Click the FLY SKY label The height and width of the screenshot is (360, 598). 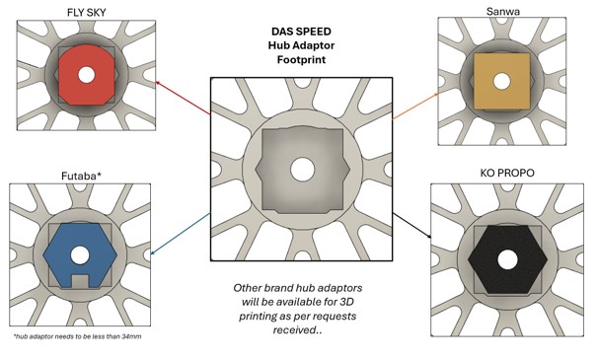pyautogui.click(x=87, y=12)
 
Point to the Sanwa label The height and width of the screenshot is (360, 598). pyautogui.click(x=502, y=12)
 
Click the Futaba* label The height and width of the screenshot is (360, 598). pyautogui.click(x=81, y=177)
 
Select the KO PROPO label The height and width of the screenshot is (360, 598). pyautogui.click(x=507, y=173)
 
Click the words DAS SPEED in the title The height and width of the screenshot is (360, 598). pyautogui.click(x=301, y=32)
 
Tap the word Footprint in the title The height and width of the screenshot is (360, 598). pyautogui.click(x=301, y=60)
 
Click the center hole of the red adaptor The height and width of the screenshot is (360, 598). pyautogui.click(x=87, y=75)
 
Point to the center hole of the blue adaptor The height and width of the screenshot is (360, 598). pyautogui.click(x=79, y=255)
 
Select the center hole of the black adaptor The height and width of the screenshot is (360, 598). pyautogui.click(x=507, y=260)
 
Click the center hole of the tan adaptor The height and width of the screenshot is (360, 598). pyautogui.click(x=501, y=81)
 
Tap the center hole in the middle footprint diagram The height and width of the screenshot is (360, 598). pyautogui.click(x=302, y=170)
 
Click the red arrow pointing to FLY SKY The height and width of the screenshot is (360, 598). pyautogui.click(x=183, y=98)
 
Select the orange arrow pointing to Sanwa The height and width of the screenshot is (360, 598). pyautogui.click(x=415, y=106)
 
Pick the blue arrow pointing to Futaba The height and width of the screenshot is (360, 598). pyautogui.click(x=181, y=234)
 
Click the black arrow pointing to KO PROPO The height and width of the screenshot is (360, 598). pyautogui.click(x=411, y=226)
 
